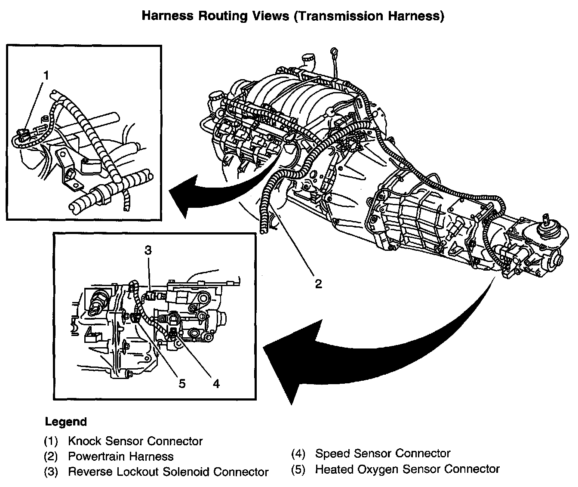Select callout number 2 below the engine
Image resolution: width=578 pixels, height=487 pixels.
318,284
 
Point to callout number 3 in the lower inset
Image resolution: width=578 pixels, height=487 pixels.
148,250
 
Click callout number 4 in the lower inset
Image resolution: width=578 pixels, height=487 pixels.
216,383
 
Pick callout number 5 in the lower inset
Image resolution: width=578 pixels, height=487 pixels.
182,383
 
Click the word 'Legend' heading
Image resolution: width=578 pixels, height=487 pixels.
66,422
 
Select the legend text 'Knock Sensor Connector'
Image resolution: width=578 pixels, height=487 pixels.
135,441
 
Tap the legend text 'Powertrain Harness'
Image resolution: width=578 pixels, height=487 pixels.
121,456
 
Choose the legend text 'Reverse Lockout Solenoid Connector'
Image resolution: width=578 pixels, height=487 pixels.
168,472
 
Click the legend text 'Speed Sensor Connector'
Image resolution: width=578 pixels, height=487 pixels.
383,453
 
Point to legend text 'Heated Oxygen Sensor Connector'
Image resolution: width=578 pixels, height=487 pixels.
407,469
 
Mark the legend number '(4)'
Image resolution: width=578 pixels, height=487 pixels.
298,453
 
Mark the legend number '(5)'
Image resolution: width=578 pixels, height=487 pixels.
298,469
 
